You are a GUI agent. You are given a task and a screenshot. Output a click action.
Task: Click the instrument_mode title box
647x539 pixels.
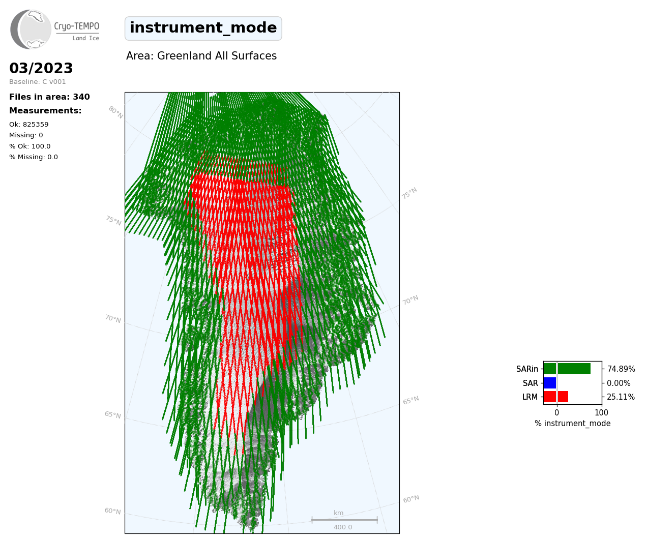click(203, 28)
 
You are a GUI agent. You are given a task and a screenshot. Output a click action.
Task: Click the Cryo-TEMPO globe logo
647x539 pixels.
click(31, 29)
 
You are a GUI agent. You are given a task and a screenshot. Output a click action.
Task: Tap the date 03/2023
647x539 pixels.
click(41, 68)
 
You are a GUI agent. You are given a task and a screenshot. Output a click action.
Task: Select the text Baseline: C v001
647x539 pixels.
click(38, 82)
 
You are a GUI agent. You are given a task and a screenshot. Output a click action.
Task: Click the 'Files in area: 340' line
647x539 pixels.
click(49, 97)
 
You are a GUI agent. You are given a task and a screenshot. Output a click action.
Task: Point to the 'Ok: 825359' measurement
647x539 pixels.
click(29, 124)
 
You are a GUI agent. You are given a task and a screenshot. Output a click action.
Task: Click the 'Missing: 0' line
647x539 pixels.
click(26, 135)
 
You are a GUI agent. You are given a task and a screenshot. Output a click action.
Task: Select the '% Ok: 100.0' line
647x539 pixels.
click(30, 146)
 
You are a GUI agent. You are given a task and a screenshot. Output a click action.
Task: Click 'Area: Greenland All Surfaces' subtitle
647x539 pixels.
click(201, 56)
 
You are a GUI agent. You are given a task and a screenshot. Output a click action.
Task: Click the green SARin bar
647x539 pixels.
click(567, 369)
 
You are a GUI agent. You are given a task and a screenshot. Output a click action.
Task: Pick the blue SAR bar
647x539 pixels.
click(550, 383)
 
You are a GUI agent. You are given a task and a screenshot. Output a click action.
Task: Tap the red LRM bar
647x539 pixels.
click(556, 397)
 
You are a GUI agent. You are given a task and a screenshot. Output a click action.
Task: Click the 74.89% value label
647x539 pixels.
click(621, 369)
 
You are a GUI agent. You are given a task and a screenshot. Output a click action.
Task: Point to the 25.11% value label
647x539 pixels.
click(621, 397)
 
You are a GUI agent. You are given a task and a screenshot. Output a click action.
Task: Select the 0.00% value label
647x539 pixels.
click(619, 383)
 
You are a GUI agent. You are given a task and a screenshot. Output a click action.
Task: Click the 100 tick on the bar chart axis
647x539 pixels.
click(601, 412)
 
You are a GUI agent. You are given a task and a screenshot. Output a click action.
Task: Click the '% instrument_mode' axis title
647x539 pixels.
click(573, 424)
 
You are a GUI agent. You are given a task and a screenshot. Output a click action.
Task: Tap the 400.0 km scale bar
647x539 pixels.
click(344, 520)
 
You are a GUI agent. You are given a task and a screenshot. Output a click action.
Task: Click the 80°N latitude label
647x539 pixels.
click(115, 112)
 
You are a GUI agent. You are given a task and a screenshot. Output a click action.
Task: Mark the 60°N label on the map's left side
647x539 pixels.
click(112, 511)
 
